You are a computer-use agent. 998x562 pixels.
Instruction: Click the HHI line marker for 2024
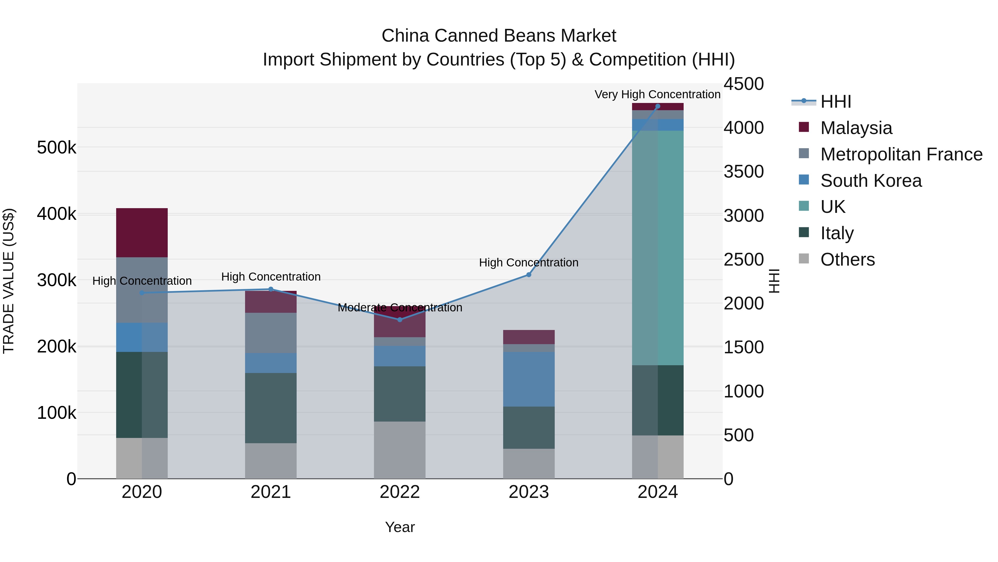[x=658, y=106]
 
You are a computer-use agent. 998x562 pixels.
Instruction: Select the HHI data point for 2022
[x=400, y=320]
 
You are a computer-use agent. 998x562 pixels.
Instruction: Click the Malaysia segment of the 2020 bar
[x=142, y=233]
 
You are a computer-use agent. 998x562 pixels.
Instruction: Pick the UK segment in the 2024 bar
[x=658, y=248]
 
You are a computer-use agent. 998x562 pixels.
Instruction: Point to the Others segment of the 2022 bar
[x=399, y=450]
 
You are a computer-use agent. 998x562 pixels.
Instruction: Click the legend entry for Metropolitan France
[x=901, y=154]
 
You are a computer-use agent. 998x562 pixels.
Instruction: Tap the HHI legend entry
[x=835, y=102]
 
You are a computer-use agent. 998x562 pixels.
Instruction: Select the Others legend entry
[x=847, y=259]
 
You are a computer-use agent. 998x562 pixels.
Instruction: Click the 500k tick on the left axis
[x=57, y=148]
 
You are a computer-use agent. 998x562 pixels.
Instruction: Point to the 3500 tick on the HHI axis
[x=744, y=172]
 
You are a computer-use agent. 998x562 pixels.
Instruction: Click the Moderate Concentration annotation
[x=400, y=308]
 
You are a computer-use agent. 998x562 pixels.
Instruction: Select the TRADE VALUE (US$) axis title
[x=9, y=281]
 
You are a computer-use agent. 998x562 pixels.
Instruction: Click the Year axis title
[x=400, y=527]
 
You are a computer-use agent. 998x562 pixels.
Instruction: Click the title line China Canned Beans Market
[x=499, y=36]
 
